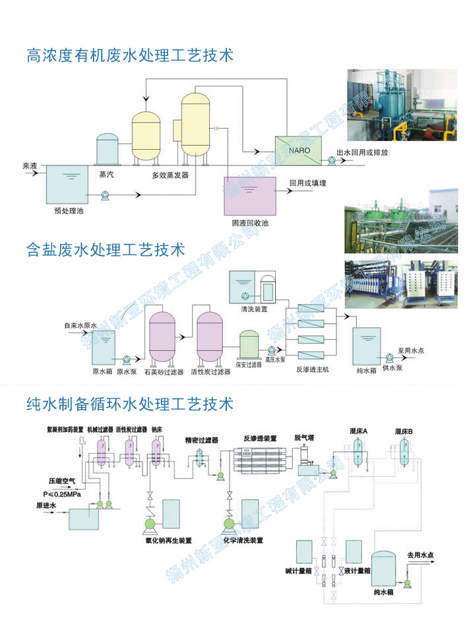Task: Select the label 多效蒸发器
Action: pos(170,175)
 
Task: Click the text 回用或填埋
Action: pos(308,183)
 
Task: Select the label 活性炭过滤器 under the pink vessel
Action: pos(210,372)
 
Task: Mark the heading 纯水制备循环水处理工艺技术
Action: pos(130,402)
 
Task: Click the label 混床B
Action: pos(404,431)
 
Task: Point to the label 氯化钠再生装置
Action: pos(169,540)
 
